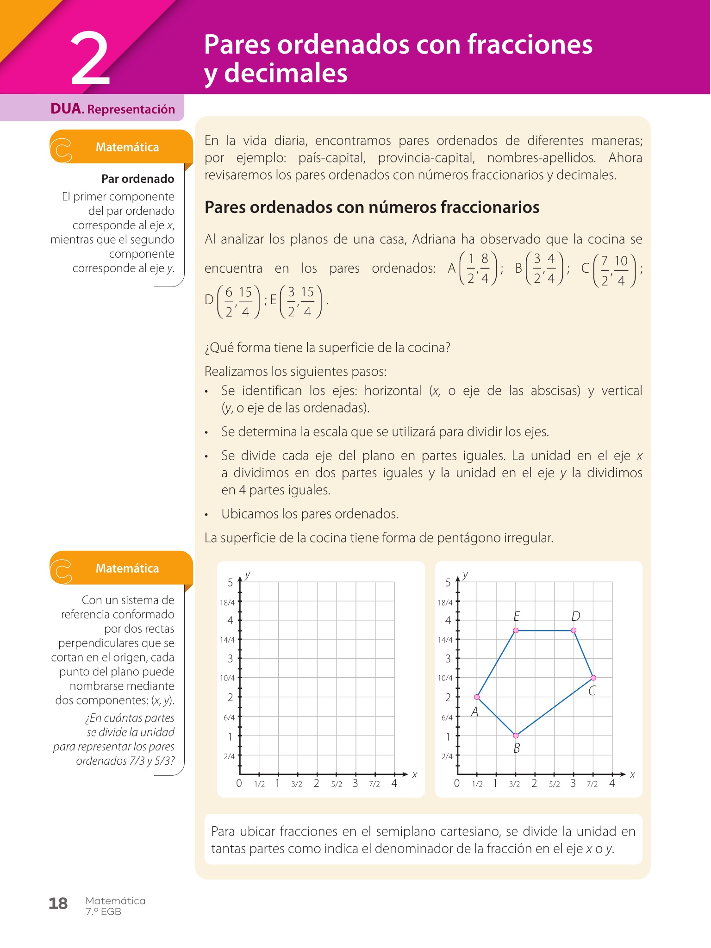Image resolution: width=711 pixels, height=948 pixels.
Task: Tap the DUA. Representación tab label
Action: (x=112, y=109)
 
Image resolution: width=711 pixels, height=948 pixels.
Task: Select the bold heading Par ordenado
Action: (x=137, y=179)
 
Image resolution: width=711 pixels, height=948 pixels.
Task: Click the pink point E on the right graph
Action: (x=516, y=630)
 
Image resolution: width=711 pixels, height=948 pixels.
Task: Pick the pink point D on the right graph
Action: (x=574, y=630)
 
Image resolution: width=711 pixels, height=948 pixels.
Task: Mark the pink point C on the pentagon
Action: (x=593, y=678)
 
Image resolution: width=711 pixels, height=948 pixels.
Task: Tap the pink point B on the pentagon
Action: (x=516, y=736)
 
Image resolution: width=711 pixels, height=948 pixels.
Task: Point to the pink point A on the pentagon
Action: (x=477, y=697)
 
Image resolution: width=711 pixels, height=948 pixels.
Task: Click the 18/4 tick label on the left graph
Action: (x=227, y=603)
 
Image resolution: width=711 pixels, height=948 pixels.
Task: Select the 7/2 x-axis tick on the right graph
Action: (x=592, y=784)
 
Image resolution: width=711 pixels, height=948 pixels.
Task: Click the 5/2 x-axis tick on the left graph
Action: (x=337, y=784)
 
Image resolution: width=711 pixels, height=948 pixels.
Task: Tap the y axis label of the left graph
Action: (x=248, y=575)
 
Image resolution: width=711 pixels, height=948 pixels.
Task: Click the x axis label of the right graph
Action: (x=632, y=774)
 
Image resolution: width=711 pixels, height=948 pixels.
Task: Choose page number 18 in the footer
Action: (x=58, y=904)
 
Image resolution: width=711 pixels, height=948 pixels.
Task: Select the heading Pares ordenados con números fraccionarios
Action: (x=372, y=207)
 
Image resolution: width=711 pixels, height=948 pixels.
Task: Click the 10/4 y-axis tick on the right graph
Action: (x=445, y=678)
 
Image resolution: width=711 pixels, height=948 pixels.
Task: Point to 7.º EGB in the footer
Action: (x=103, y=912)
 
